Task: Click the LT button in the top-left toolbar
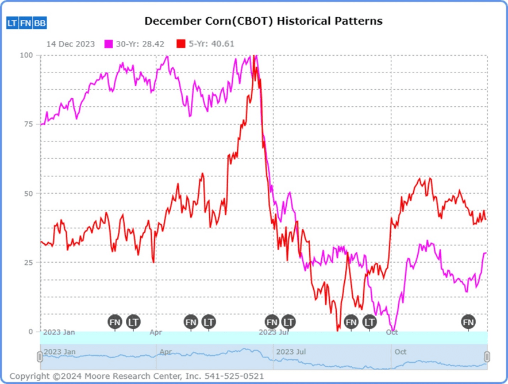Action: (x=12, y=23)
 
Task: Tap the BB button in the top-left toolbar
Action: (x=40, y=23)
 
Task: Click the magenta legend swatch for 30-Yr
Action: (x=108, y=44)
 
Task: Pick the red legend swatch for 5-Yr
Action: (x=180, y=44)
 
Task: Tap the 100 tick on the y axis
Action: (x=26, y=55)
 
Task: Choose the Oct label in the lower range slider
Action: (x=400, y=351)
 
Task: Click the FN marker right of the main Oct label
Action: (x=468, y=322)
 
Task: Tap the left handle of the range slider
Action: (x=40, y=357)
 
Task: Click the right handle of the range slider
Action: (x=487, y=357)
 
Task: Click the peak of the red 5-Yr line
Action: (x=255, y=56)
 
